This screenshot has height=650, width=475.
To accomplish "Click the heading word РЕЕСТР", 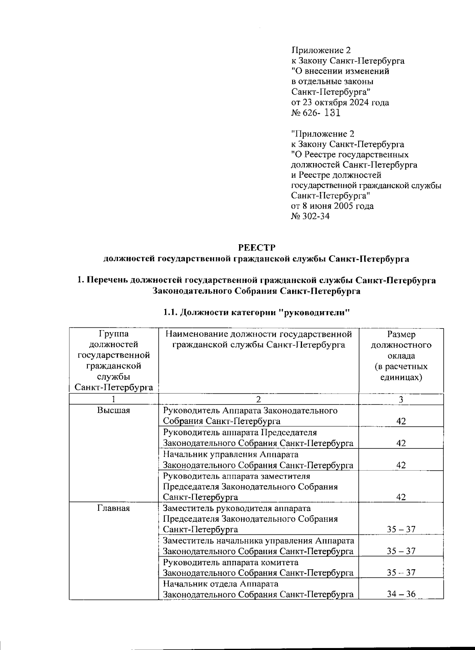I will point(256,247).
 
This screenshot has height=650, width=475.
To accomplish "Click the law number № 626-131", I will point(315,113).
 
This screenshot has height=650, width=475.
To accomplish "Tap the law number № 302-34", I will point(310,216).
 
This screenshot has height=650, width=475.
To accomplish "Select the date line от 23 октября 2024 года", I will point(340,103).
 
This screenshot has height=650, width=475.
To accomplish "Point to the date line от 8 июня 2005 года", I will point(332,206).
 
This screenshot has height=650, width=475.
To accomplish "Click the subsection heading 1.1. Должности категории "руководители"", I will point(256,312).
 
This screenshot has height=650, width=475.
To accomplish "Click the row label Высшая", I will point(114,411).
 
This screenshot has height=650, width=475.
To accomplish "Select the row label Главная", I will point(114,508).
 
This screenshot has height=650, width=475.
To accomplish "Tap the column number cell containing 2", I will point(258,399).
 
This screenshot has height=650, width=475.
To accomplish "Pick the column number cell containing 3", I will point(401,399).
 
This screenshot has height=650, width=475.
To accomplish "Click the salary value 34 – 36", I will point(401,594).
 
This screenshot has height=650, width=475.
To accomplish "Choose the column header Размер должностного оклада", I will point(401,355).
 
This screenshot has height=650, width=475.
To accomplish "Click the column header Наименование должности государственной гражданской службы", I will point(258,340).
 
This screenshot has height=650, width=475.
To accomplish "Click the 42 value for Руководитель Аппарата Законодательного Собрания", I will point(401,421).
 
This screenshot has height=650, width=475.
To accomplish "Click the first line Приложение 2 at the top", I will point(321,50).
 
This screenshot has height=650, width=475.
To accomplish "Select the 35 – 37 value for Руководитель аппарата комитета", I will point(401,573).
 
